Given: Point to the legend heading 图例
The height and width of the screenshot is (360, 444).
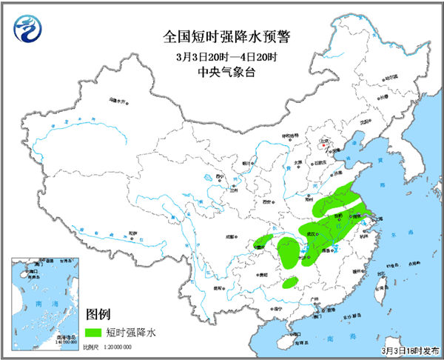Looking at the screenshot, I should tap(100, 313).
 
